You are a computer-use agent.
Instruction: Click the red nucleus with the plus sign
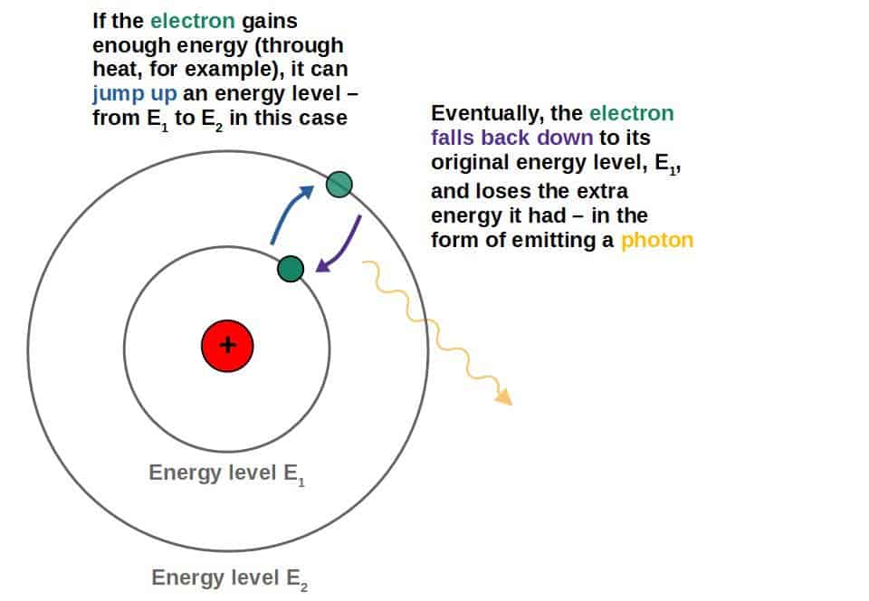click(227, 345)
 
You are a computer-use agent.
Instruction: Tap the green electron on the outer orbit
click(339, 185)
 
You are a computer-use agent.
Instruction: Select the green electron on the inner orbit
click(290, 268)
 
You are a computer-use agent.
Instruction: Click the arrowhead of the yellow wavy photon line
click(503, 397)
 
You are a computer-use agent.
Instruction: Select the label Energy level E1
click(226, 473)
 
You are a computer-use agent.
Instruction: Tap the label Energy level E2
click(230, 578)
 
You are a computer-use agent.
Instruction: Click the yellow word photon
click(657, 241)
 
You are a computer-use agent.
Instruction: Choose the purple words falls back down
click(512, 138)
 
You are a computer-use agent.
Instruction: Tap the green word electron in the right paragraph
click(631, 114)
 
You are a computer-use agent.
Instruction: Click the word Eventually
click(485, 114)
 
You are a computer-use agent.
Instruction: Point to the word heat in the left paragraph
click(114, 70)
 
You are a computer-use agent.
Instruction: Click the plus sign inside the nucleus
click(227, 345)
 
